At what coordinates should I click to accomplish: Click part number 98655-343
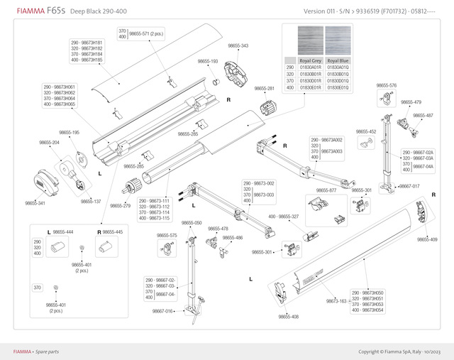(x=236, y=46)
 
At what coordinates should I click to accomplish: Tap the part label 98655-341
(x=35, y=204)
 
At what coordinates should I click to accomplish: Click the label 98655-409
(x=427, y=239)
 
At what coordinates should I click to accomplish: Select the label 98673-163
(x=336, y=301)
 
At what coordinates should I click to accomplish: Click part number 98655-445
(x=113, y=232)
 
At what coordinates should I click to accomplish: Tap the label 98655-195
(x=69, y=133)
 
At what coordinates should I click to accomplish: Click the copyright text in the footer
(x=400, y=351)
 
